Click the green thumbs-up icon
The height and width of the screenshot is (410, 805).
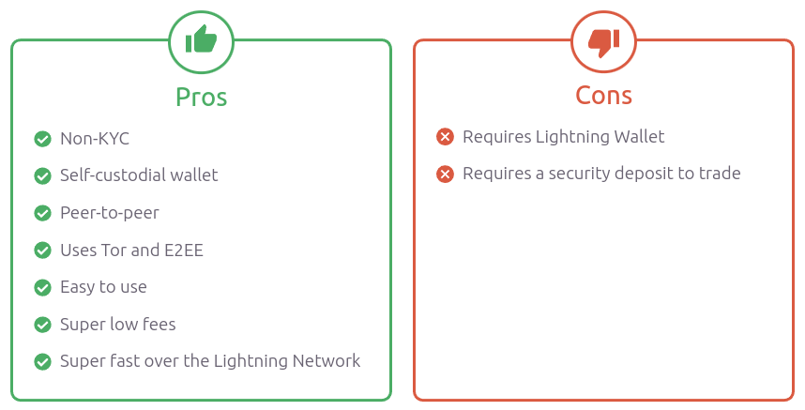[201, 40]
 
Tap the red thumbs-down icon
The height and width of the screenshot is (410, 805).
[603, 40]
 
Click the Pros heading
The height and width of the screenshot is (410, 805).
[201, 97]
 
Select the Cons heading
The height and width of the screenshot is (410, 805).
[603, 95]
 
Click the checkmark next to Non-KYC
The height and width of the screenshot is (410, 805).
[42, 139]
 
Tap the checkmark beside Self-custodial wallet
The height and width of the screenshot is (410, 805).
[42, 175]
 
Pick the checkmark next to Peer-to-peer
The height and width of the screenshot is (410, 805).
[42, 213]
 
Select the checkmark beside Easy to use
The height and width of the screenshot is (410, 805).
[42, 287]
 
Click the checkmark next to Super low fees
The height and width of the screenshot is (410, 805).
[42, 325]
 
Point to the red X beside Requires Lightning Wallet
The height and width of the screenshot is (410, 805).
[446, 137]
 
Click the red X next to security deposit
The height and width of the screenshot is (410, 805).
[446, 174]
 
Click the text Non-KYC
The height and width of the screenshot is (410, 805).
[95, 139]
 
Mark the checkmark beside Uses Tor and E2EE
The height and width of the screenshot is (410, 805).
[42, 251]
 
